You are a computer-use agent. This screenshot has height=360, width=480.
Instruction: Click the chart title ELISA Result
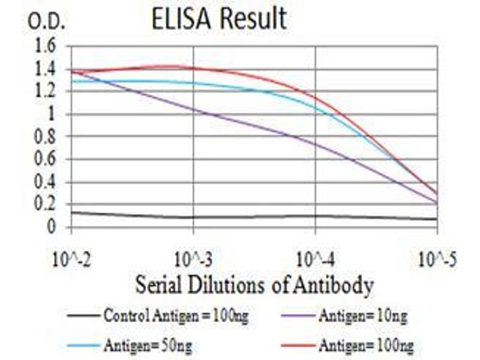(218, 19)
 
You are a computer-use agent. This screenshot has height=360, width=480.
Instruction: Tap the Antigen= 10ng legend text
(362, 314)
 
